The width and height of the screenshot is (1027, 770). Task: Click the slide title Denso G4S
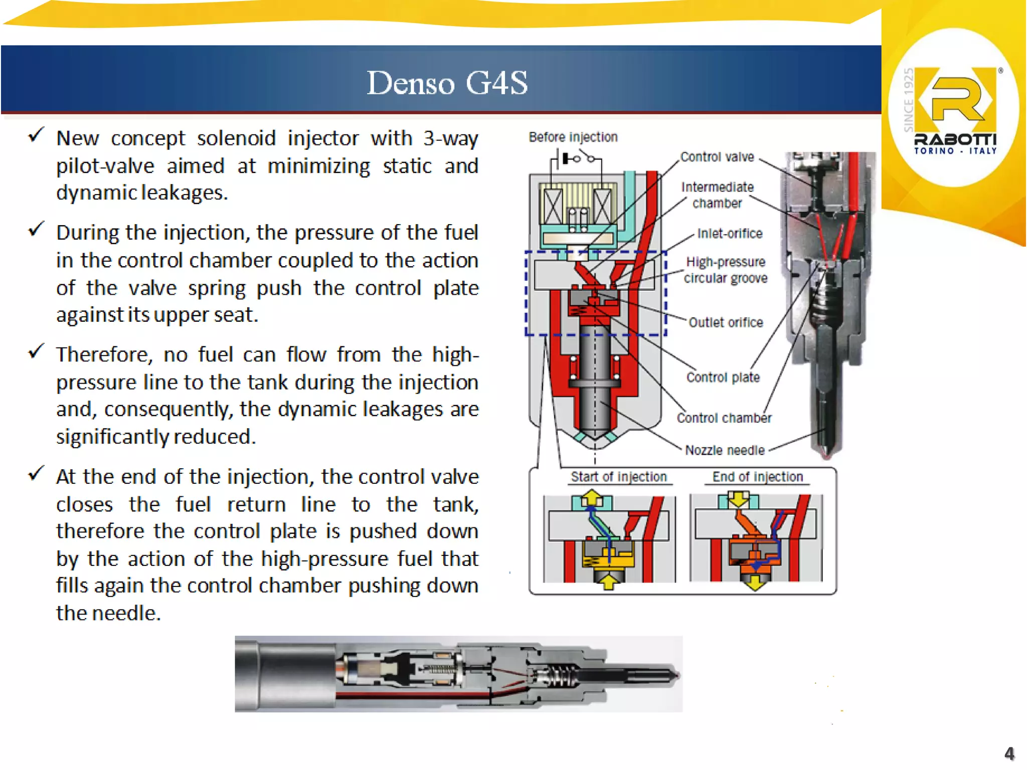tap(447, 83)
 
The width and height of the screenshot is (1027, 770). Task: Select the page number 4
tap(1009, 753)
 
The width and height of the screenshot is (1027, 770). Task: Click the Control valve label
tap(717, 157)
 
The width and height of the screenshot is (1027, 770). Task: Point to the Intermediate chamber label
tap(717, 195)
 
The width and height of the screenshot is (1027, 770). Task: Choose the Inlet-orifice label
tap(730, 233)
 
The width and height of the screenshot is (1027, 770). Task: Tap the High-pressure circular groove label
tap(725, 270)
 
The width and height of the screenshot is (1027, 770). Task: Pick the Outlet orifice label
tap(726, 322)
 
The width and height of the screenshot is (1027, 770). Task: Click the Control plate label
tap(723, 377)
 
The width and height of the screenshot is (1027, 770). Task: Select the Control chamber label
tap(724, 418)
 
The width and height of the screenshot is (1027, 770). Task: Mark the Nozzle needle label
tap(725, 450)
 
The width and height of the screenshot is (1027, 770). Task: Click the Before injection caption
tap(573, 137)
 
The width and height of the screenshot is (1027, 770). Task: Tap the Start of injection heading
tap(618, 476)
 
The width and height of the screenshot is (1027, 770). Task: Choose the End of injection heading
tap(757, 476)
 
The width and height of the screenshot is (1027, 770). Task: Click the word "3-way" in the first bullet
tap(450, 138)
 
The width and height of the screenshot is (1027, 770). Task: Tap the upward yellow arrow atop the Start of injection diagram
tap(592, 497)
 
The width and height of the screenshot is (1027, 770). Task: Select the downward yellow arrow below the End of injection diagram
tap(755, 583)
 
